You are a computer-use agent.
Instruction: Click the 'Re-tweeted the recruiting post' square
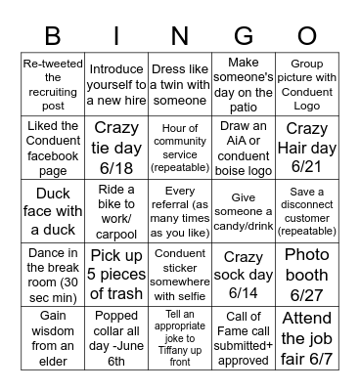(x=53, y=84)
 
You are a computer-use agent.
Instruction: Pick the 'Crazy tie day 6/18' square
(x=116, y=147)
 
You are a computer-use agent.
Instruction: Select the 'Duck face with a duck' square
(x=53, y=210)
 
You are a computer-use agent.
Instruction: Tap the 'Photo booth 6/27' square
(x=306, y=273)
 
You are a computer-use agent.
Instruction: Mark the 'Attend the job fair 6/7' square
(x=306, y=336)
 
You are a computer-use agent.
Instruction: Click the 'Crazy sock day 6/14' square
(x=244, y=273)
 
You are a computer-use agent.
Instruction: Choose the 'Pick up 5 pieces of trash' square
(x=116, y=273)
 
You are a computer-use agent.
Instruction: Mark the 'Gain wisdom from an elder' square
(x=53, y=336)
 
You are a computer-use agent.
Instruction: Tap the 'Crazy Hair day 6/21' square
(x=306, y=147)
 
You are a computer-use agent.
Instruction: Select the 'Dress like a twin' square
(x=180, y=84)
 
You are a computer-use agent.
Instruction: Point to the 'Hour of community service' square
(x=180, y=147)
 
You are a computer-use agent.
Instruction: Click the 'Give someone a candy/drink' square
(x=244, y=210)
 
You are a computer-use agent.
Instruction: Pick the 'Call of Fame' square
(x=244, y=336)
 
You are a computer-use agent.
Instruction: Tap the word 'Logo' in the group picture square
(x=306, y=104)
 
